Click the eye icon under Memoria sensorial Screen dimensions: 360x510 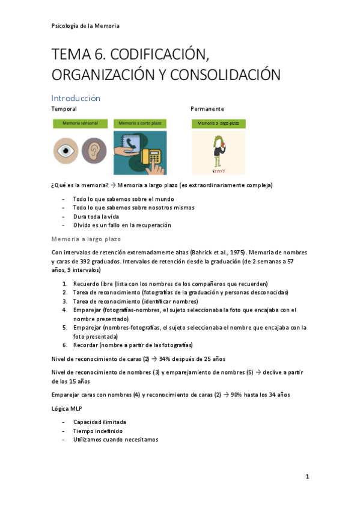click(66, 149)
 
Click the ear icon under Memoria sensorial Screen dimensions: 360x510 click(93, 149)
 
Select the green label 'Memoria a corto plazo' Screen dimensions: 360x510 click(140, 123)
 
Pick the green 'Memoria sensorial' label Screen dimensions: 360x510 click(80, 123)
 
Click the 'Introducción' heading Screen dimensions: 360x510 click(76, 98)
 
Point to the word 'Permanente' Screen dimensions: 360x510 click(207, 109)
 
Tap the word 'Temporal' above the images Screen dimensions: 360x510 click(64, 109)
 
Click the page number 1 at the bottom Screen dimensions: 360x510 click(307, 477)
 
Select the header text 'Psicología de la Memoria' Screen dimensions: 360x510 click(85, 26)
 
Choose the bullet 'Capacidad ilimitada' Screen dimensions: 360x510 click(100, 422)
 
